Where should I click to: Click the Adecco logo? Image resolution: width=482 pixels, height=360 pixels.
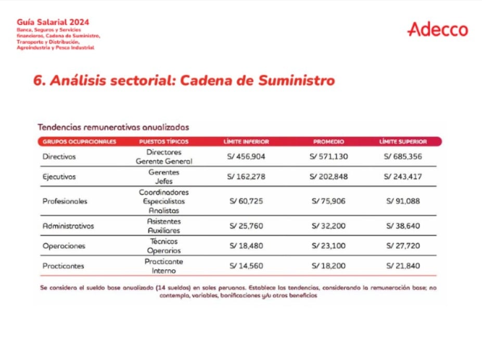tap(438, 30)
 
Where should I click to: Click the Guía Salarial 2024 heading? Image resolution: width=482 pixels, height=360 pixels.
tap(53, 22)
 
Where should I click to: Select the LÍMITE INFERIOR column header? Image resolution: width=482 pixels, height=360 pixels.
tap(246, 142)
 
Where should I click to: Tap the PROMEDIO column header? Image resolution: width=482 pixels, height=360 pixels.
tap(328, 142)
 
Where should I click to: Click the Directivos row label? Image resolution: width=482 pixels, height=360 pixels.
tap(59, 156)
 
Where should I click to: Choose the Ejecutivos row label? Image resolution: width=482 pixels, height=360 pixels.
tap(59, 176)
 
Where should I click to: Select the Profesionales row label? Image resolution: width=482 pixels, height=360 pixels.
tap(65, 201)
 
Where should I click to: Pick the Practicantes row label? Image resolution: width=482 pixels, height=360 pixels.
tap(63, 266)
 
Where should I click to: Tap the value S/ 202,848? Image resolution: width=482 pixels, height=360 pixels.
tap(328, 176)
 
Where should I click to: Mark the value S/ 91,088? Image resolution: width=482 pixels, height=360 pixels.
tap(403, 201)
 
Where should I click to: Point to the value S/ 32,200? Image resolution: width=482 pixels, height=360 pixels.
tap(328, 226)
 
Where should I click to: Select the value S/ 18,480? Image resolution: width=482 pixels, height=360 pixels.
tap(246, 246)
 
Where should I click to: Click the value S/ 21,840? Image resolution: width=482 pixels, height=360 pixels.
tap(403, 266)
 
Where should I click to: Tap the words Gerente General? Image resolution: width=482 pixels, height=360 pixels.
tap(164, 161)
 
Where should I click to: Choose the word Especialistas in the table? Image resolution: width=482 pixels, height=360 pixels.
tap(164, 201)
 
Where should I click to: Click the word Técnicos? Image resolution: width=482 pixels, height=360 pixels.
tap(164, 241)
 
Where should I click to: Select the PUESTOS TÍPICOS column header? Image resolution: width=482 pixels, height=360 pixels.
tap(164, 142)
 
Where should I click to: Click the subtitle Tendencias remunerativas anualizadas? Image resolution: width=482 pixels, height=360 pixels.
tap(113, 126)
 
